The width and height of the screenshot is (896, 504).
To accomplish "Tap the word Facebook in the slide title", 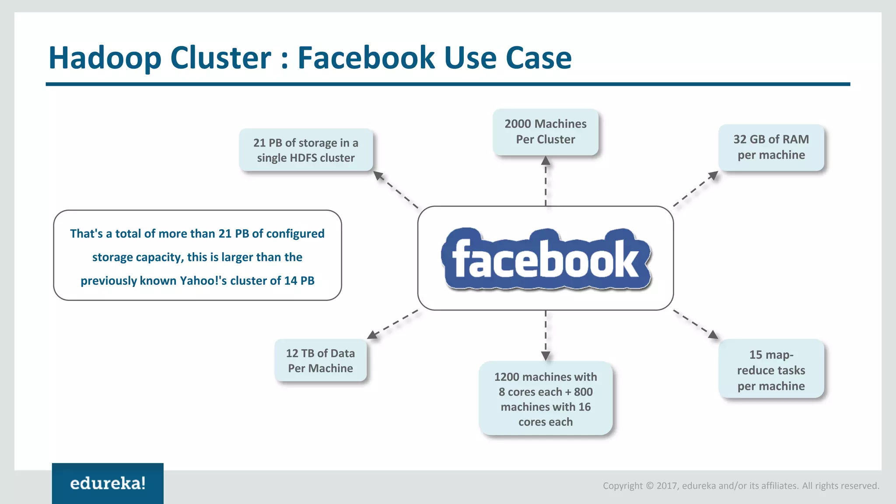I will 367,58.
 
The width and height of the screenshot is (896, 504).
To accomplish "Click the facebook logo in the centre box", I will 546,259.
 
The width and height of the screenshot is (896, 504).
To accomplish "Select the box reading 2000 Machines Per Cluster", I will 545,132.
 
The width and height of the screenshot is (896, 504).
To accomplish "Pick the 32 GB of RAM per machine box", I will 771,147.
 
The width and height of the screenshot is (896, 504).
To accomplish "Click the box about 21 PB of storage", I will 305,150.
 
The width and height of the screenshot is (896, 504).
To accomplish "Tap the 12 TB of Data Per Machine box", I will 320,360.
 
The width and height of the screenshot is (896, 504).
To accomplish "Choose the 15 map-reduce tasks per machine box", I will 771,370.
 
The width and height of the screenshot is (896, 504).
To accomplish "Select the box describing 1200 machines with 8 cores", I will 545,399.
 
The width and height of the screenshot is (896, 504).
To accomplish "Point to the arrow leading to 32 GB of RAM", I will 696,189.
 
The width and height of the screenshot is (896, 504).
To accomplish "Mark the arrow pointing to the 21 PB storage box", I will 395,189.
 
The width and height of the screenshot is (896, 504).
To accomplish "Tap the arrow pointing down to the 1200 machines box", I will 546,335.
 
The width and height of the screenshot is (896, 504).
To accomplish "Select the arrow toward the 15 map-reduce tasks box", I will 696,324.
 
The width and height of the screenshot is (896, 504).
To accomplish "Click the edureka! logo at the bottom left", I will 108,483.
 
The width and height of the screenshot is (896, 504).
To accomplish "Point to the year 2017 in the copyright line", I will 667,486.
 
